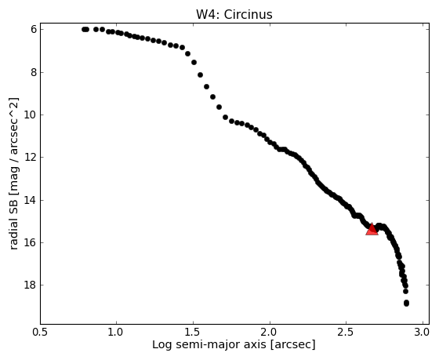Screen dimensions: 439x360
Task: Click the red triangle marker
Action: click(x=372, y=229)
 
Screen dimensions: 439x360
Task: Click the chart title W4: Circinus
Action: click(x=234, y=15)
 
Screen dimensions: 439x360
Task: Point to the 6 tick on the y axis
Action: click(x=34, y=30)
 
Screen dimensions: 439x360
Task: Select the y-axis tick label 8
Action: click(x=34, y=73)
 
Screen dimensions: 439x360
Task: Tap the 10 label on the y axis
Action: click(x=31, y=115)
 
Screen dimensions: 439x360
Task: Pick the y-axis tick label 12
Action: click(x=31, y=157)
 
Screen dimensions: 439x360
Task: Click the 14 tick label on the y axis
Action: click(x=31, y=200)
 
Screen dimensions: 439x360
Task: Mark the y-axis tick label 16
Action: click(x=31, y=242)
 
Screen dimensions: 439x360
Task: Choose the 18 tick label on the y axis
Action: click(x=31, y=285)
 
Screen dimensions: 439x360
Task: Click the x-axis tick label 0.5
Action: click(x=41, y=332)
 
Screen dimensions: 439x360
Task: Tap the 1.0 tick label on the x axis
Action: click(x=116, y=332)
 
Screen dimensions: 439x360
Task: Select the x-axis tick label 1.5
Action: click(x=193, y=332)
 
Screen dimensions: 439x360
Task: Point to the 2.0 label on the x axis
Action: click(x=270, y=332)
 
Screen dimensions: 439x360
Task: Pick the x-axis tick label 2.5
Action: click(x=346, y=332)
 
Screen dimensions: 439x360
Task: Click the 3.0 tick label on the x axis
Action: click(x=422, y=332)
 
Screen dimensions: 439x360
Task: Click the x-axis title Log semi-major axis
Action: click(x=209, y=344)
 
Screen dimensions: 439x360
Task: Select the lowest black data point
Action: click(x=406, y=303)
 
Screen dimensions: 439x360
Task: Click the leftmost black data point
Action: click(x=85, y=30)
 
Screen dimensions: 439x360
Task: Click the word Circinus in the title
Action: click(x=248, y=15)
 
